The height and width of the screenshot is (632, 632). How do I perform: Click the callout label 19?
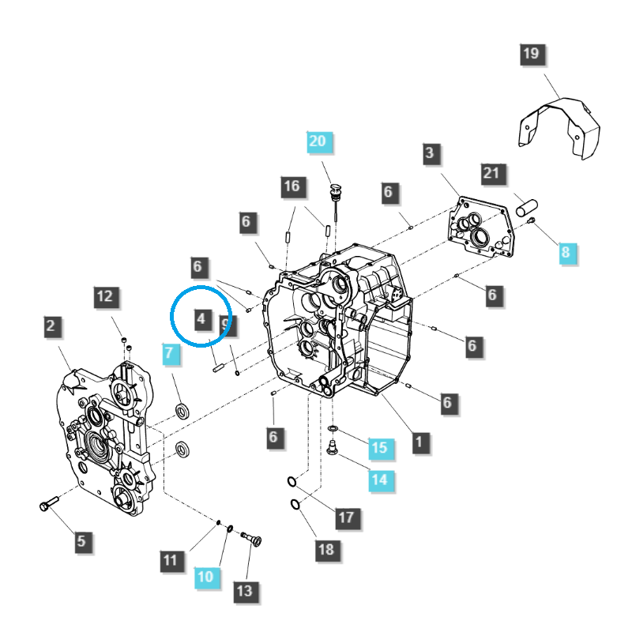pos(531,55)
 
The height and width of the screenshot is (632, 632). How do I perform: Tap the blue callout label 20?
pos(317,142)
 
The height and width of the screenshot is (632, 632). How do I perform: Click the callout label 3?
pos(429,153)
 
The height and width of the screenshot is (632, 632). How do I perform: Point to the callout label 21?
pos(491,173)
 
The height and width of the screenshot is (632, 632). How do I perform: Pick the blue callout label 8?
pos(565,253)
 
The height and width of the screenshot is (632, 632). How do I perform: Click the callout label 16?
pos(292,186)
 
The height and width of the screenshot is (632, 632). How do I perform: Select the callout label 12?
pos(105,297)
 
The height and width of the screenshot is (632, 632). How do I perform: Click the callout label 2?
pos(51,325)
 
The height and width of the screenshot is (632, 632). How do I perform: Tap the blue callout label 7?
pos(171,353)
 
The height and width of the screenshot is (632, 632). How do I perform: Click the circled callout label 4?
pos(201,319)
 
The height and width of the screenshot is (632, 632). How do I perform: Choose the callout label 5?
pos(81,541)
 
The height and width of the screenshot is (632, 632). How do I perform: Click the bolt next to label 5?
pos(48,503)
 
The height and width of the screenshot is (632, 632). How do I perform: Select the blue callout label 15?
pos(378,448)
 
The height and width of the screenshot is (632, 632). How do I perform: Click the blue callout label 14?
pos(380,479)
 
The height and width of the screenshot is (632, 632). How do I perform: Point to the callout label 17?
pos(346,518)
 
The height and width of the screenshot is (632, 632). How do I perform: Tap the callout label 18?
pos(325,550)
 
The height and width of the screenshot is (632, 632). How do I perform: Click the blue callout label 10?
pos(205,577)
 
